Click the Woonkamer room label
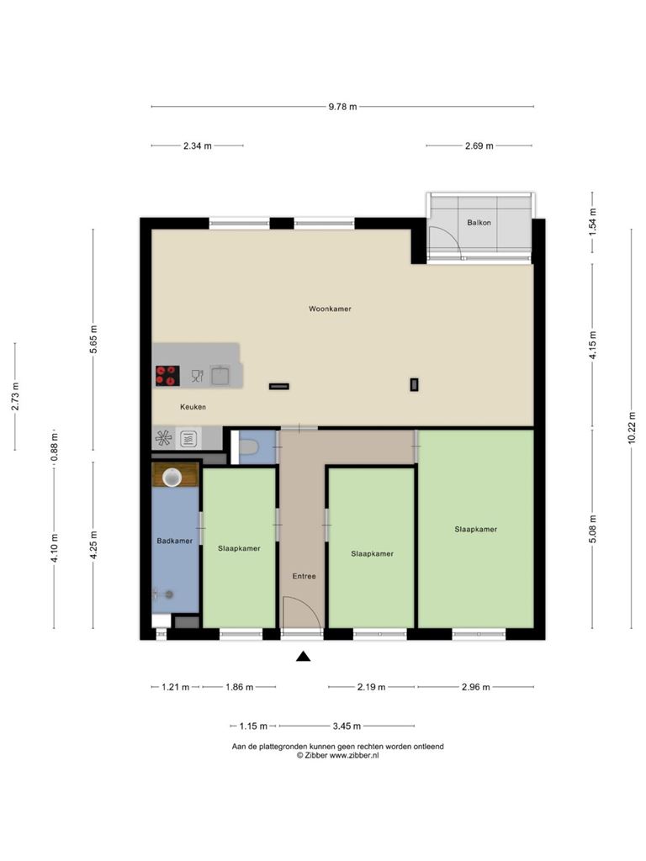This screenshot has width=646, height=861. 330,309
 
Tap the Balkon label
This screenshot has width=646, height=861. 479,222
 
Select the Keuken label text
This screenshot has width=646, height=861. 193,407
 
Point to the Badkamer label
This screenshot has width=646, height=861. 175,541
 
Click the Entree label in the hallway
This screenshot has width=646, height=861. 304,576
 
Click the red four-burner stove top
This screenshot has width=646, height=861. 167,376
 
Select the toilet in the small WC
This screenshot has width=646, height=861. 248,447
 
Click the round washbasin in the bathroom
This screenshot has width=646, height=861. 172,478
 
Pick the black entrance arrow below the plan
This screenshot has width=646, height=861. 303,656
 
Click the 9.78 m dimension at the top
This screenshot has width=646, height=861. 343,107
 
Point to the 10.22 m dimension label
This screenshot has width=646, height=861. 632,427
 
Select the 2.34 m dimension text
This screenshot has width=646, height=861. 197,146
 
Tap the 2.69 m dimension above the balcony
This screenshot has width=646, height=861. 479,146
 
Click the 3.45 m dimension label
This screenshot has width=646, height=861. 347,726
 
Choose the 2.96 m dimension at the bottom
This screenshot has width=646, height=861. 476,687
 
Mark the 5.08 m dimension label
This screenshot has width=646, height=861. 593,529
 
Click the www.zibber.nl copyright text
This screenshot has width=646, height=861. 338,756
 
